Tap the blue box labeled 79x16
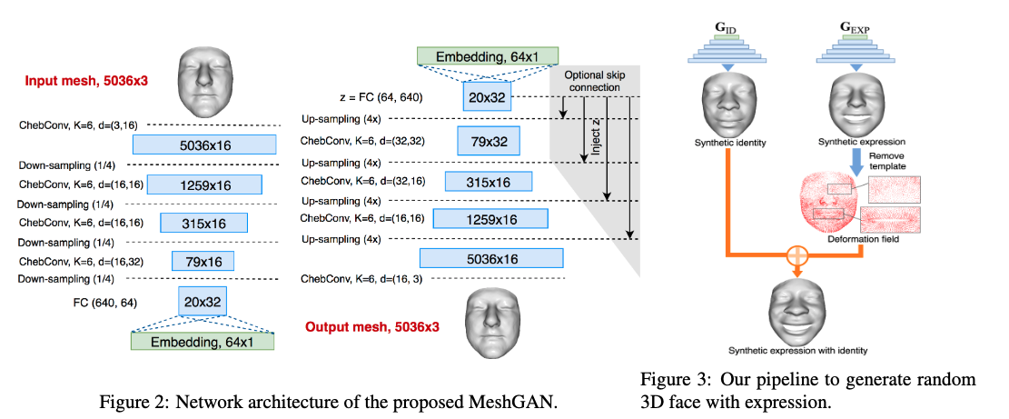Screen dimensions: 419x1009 click(x=203, y=262)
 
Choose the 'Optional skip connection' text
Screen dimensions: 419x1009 click(x=591, y=81)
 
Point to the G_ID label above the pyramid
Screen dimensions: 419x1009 click(x=727, y=26)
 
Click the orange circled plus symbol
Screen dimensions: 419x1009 click(x=796, y=254)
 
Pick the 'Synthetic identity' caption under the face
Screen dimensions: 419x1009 click(x=727, y=143)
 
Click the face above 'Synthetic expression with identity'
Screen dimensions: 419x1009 click(x=796, y=308)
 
